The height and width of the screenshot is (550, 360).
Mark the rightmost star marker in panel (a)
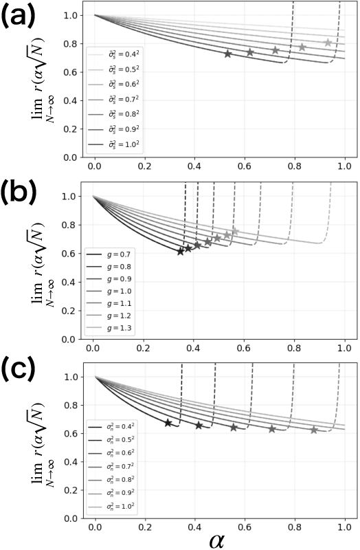coord(328,43)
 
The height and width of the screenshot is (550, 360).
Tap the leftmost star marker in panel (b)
coord(181,251)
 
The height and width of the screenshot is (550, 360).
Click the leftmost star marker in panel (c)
coord(168,423)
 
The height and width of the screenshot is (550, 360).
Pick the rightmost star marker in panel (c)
coord(314,430)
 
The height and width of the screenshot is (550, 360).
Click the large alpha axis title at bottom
coord(220,539)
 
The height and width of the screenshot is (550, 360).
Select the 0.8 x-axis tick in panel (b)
coord(295,348)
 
